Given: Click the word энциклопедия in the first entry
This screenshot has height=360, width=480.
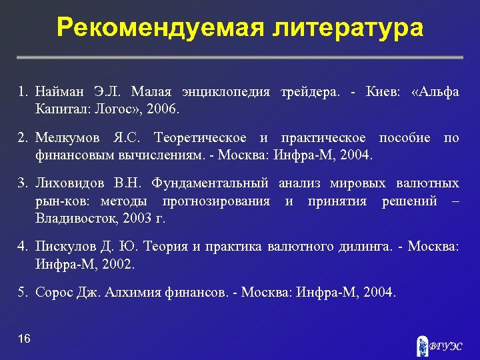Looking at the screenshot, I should point(219,92).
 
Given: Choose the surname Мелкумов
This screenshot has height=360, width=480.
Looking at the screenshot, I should point(69,139).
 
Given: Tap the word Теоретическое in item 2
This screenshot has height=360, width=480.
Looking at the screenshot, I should point(201,139).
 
